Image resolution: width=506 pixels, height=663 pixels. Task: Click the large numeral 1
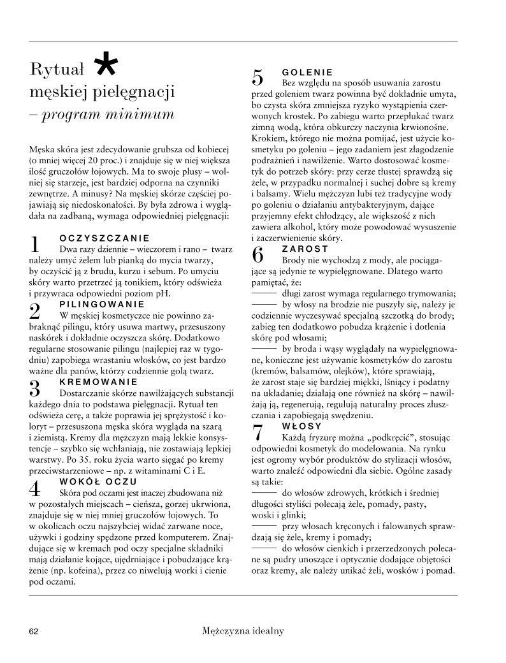36,244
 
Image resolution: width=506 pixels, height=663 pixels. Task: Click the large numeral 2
36,311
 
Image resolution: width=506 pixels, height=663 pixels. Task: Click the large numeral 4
36,488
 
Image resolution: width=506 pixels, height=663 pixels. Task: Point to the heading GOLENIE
307,72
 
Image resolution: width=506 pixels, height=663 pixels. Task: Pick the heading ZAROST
305,248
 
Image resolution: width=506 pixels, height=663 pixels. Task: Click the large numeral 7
258,433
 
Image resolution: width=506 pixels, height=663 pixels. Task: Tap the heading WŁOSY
301,425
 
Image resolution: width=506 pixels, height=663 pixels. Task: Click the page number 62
34,632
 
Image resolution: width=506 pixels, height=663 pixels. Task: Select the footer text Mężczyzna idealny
242,631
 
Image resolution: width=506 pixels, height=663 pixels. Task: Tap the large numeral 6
258,255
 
